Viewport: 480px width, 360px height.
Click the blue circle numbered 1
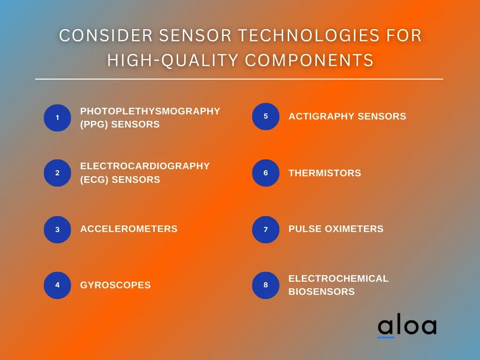click(57, 118)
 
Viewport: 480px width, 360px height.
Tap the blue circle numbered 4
click(57, 285)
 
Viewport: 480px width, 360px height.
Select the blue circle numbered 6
click(266, 173)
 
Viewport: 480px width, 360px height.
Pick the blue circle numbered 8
click(266, 285)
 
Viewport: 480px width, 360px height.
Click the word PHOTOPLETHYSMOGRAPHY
click(150, 111)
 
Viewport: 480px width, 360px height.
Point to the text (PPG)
click(94, 124)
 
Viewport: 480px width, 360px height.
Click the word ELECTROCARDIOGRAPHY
click(145, 166)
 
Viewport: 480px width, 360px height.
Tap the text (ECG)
click(94, 180)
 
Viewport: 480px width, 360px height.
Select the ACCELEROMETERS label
click(129, 229)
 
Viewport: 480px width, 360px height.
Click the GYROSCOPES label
click(115, 285)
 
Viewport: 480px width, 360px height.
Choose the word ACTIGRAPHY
click(322, 116)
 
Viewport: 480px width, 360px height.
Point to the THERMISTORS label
click(325, 173)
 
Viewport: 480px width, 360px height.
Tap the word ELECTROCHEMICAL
click(338, 278)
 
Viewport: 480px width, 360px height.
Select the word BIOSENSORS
click(322, 292)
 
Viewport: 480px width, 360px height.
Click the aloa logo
click(407, 326)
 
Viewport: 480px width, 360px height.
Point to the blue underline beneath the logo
click(386, 337)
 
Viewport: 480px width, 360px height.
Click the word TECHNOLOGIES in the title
click(309, 36)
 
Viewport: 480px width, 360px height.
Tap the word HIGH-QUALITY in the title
click(173, 60)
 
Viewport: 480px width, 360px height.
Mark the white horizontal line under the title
click(239, 79)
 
